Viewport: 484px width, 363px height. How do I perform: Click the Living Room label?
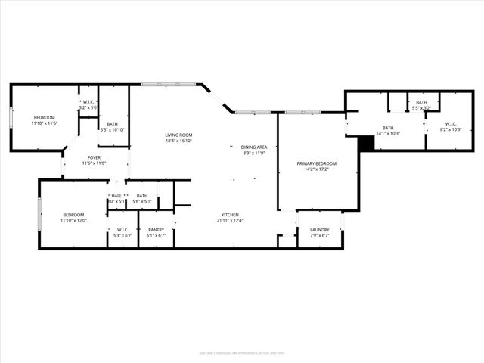pos(178,135)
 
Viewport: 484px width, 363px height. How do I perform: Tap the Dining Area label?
pos(254,147)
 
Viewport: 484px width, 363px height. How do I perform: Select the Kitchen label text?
pos(231,215)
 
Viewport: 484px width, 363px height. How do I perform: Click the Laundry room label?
pos(319,229)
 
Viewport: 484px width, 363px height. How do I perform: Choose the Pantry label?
pos(157,229)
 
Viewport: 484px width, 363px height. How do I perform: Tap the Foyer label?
pos(95,158)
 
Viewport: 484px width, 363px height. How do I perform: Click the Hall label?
pos(116,196)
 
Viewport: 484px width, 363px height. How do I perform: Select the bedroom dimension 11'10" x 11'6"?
pos(44,123)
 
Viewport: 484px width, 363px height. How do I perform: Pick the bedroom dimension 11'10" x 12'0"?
pos(74,220)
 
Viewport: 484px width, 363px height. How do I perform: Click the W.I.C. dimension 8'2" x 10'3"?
pos(451,130)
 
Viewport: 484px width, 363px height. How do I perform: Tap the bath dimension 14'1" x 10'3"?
pos(388,133)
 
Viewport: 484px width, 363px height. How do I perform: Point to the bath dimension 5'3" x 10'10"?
pos(112,129)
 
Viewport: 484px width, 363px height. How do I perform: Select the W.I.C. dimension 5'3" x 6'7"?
pos(122,235)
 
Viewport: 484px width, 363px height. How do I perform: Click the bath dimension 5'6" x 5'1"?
pos(142,201)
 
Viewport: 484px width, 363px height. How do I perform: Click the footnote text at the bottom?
pos(241,352)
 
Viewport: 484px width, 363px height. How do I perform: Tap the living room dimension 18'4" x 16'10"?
pos(178,141)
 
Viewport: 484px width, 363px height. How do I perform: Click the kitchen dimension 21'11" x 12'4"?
pos(231,220)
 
